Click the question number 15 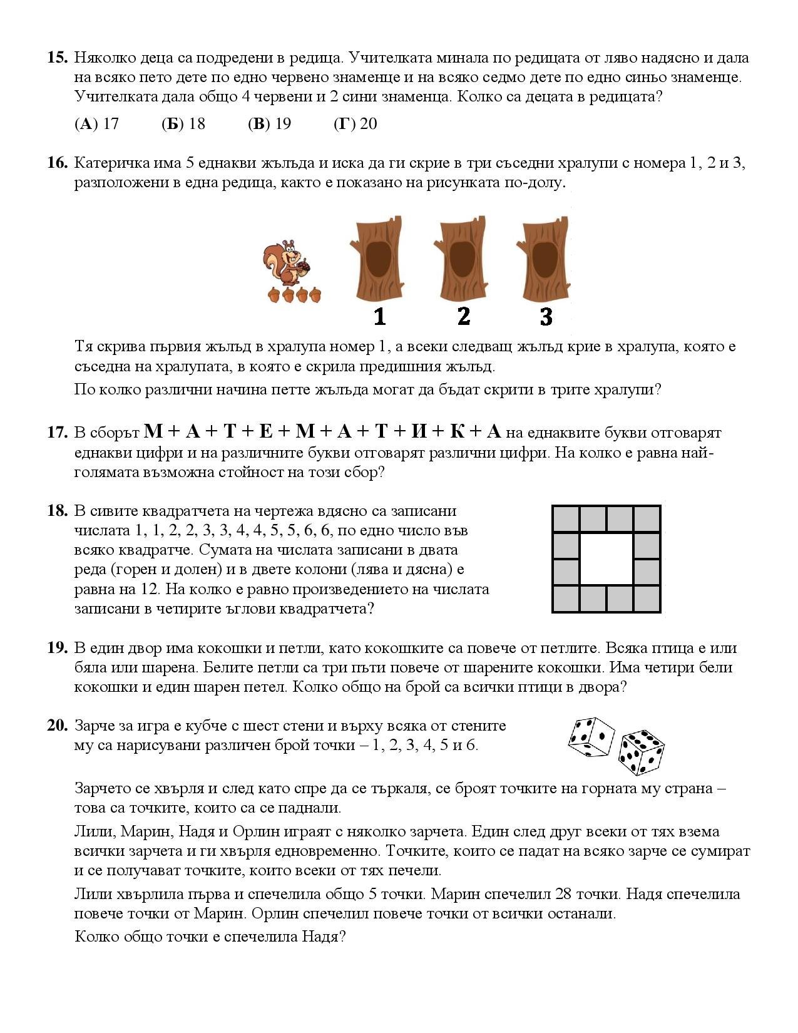point(57,58)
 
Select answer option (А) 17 point(96,123)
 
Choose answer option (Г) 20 point(356,123)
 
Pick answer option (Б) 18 point(183,123)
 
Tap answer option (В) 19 point(269,123)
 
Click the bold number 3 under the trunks point(546,317)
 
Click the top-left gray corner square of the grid point(566,519)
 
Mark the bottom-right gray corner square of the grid point(647,599)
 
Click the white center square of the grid point(606,558)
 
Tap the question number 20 point(57,726)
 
